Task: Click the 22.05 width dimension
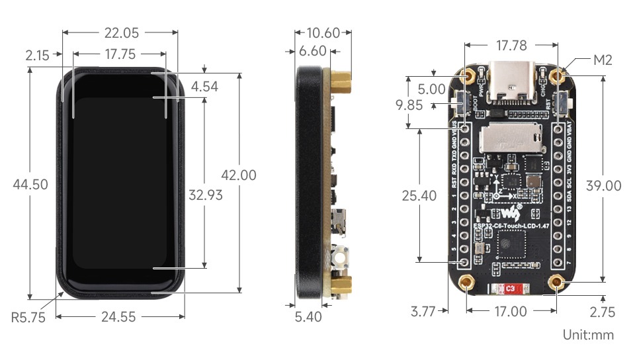(120, 32)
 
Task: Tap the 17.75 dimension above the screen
(120, 55)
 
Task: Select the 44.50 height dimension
(30, 185)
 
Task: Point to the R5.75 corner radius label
(28, 317)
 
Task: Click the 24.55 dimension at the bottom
(119, 317)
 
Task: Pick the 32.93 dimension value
(205, 195)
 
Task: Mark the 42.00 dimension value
(238, 175)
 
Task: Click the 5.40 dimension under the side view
(308, 317)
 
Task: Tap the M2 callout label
(603, 60)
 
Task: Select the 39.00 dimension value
(603, 186)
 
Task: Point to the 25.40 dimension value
(419, 195)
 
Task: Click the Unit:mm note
(588, 335)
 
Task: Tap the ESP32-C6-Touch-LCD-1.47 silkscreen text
(513, 226)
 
